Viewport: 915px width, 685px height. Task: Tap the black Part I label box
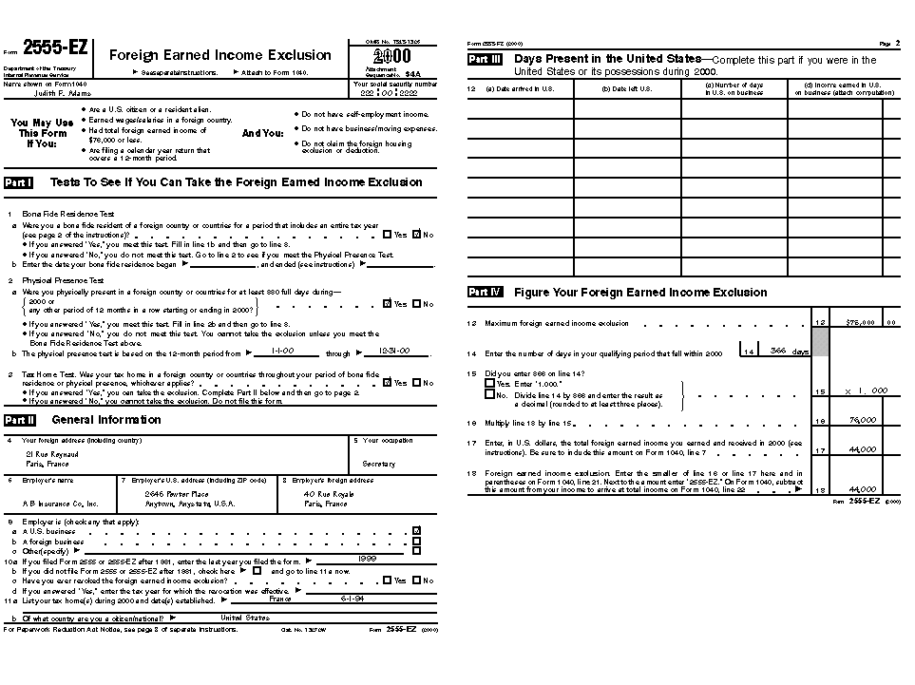(19, 181)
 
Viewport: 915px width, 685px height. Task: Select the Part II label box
(20, 420)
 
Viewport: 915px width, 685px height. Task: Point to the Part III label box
(485, 59)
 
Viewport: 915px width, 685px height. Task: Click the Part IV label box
(485, 293)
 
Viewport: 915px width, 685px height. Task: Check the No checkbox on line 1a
(417, 235)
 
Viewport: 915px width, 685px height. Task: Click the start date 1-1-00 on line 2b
(281, 352)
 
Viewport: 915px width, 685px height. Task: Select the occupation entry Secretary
(378, 465)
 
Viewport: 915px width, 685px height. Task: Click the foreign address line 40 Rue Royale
(329, 494)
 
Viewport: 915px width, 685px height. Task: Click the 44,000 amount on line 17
(862, 449)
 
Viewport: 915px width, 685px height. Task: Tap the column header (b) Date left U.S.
(626, 89)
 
